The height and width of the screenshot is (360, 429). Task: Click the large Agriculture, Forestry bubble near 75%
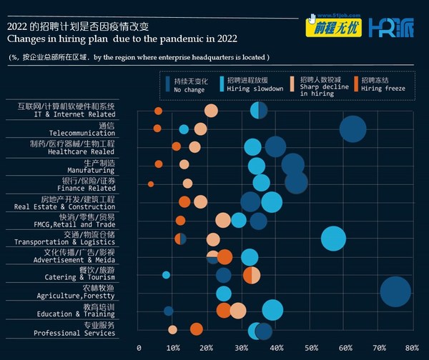pyautogui.click(x=395, y=291)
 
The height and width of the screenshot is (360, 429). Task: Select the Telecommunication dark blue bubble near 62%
pyautogui.click(x=352, y=129)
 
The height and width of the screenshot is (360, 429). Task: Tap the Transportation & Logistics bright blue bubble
pyautogui.click(x=333, y=238)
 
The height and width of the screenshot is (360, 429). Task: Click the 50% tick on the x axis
pyautogui.click(x=310, y=348)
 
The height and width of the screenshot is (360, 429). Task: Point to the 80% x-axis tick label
pyautogui.click(x=412, y=348)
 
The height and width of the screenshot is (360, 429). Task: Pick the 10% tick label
pyautogui.click(x=173, y=348)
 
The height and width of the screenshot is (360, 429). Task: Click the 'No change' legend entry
pyautogui.click(x=189, y=86)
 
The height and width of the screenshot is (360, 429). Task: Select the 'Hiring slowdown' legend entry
pyautogui.click(x=253, y=86)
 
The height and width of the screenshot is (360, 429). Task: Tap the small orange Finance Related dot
pyautogui.click(x=151, y=184)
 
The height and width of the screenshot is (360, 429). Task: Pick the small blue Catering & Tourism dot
pyautogui.click(x=166, y=274)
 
